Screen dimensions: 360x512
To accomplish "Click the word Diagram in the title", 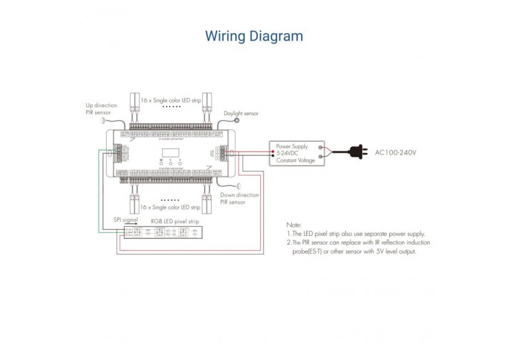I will (x=278, y=36).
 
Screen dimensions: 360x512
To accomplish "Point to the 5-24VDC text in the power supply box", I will (x=290, y=153).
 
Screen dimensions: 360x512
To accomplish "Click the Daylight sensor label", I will (x=241, y=113).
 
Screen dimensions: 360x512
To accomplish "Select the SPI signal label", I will (x=125, y=219).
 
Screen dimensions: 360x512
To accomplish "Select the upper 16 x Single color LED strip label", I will (x=170, y=100).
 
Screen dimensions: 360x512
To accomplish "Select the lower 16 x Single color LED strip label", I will (x=170, y=207).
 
